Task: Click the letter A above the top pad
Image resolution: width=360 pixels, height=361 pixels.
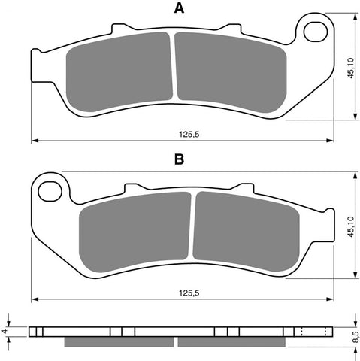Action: (179, 9)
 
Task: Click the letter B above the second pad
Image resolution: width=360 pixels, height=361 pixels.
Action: (179, 160)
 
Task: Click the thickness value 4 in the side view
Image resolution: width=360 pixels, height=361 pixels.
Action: (7, 330)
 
